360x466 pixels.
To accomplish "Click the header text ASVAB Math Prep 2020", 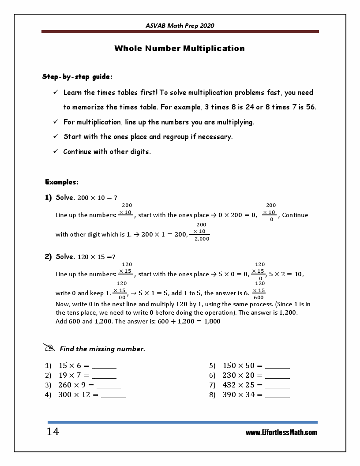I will coord(180,26).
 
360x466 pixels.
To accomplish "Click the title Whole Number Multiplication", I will coord(180,49).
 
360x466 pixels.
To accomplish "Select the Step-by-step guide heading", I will coord(77,77).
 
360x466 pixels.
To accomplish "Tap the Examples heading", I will coord(62,182).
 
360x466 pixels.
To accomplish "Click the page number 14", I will coord(52,432).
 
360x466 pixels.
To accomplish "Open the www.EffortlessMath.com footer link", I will coord(281,432).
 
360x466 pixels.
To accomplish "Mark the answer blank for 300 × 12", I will coord(113,395).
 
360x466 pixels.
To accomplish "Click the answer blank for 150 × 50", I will coord(277,366).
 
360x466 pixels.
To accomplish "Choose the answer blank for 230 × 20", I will coord(277,376).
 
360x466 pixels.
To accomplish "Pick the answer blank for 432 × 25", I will coord(277,385).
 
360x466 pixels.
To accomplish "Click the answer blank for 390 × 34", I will coord(277,395).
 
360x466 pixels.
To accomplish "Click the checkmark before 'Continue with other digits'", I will coord(56,151).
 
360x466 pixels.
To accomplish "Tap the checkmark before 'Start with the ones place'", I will coord(56,136).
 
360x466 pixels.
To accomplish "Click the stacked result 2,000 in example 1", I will coord(202,239).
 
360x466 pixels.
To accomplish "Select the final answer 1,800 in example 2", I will coord(211,322).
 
